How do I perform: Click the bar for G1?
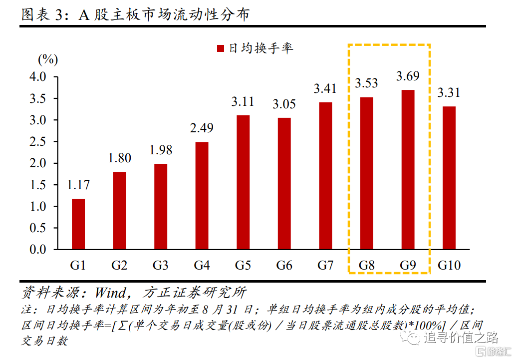click(x=78, y=224)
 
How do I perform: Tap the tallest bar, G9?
click(x=408, y=169)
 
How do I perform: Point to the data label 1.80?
click(x=119, y=158)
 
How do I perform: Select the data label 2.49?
click(x=202, y=128)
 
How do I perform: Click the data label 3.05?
click(x=284, y=104)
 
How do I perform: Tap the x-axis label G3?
click(x=160, y=265)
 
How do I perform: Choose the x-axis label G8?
click(x=366, y=265)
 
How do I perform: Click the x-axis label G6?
click(x=284, y=265)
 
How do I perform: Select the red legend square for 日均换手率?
click(x=221, y=48)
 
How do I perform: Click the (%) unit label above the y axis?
click(x=48, y=59)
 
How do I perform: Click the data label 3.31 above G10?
click(x=449, y=93)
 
